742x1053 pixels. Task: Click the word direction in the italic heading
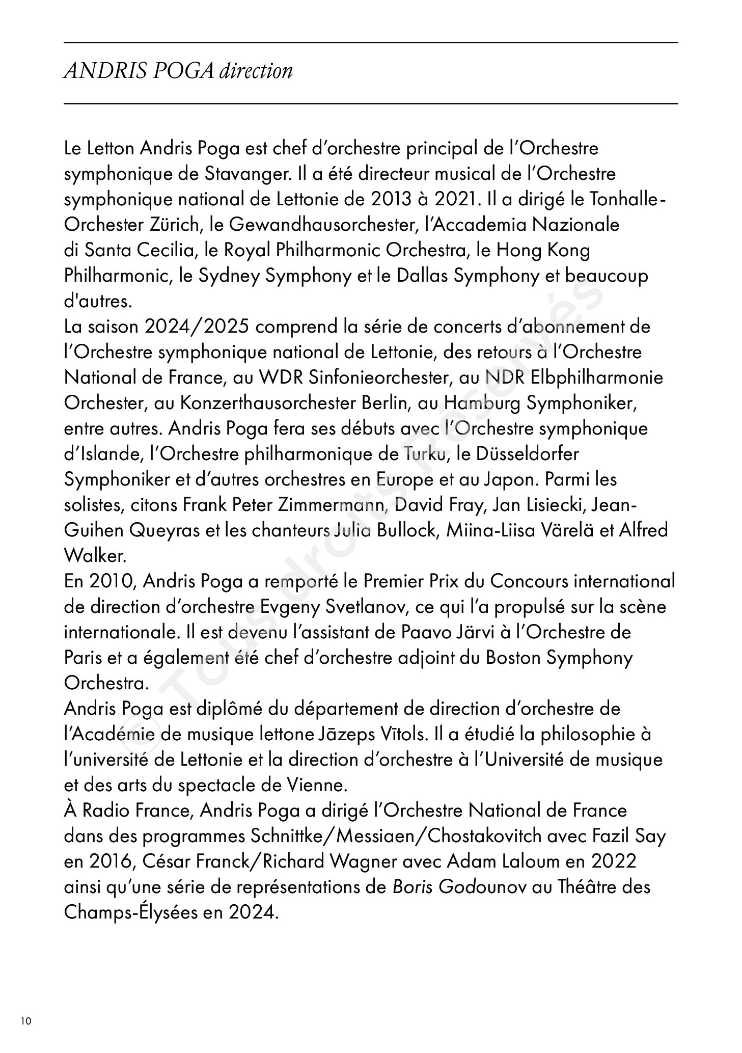coord(256,71)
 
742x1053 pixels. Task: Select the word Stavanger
coord(248,174)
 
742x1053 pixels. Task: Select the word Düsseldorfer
coord(528,454)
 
